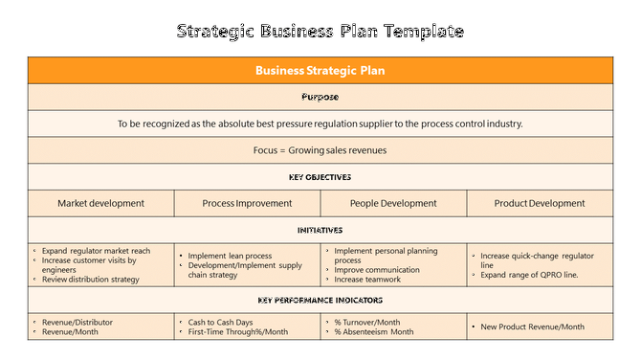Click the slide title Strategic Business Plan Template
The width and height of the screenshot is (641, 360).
(320, 31)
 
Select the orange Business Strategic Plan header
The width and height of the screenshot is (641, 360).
(320, 71)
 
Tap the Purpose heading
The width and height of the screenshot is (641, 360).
(320, 97)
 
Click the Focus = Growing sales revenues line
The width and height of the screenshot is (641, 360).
(320, 150)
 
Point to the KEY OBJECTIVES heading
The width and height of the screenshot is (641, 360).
(320, 177)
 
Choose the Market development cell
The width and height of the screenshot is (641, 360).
(100, 203)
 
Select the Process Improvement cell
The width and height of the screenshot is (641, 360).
(247, 203)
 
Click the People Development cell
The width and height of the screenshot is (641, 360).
(393, 203)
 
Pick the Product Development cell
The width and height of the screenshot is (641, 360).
(540, 203)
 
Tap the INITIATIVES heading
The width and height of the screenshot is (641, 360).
(320, 230)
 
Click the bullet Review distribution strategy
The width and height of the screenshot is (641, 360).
(90, 280)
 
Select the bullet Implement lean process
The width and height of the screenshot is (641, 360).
(230, 256)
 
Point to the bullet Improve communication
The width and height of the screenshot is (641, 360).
(377, 270)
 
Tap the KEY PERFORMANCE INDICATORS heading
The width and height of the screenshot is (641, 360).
(320, 301)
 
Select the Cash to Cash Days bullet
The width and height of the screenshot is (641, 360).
(221, 323)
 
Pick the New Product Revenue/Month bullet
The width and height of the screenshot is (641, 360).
(532, 326)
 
